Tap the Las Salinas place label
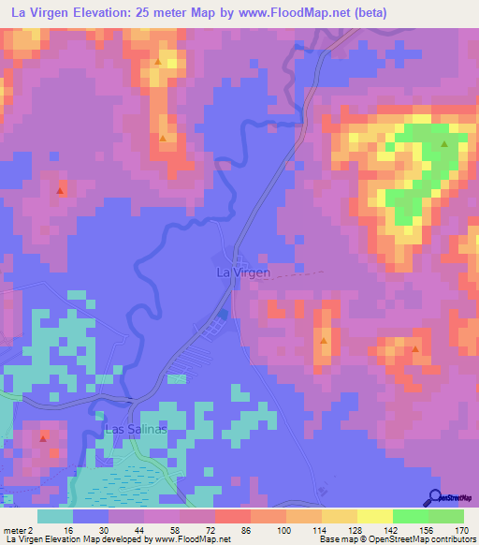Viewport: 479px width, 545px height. pyautogui.click(x=136, y=429)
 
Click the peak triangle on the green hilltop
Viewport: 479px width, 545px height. pyautogui.click(x=444, y=145)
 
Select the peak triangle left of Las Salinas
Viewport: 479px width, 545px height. pyautogui.click(x=43, y=437)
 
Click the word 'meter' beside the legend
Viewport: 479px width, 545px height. pyautogui.click(x=14, y=529)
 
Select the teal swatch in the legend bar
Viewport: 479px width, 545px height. pyautogui.click(x=55, y=516)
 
